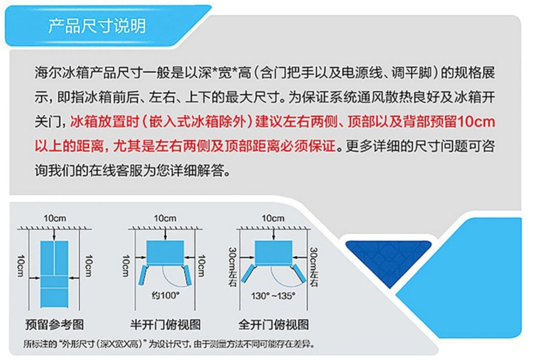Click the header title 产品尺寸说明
point(97,26)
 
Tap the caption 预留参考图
point(55,325)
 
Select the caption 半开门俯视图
point(165,325)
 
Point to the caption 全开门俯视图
point(274,325)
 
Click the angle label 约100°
point(165,295)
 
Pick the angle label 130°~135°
point(273,296)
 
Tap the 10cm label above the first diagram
point(55,218)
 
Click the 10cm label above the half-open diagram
point(165,218)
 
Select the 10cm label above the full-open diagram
point(273,218)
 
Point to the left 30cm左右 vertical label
point(233,267)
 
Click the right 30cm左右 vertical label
point(314,267)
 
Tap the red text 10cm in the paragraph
point(476,122)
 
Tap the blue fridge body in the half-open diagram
point(165,252)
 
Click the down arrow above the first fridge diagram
point(54,234)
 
